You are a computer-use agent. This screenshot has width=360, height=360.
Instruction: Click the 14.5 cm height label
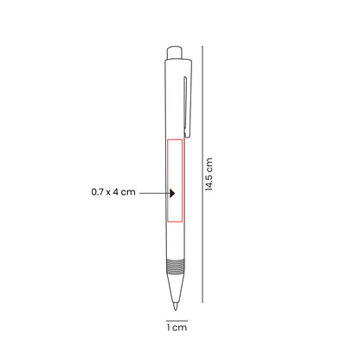(210, 175)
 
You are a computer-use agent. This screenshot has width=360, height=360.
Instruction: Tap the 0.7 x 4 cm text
(113, 192)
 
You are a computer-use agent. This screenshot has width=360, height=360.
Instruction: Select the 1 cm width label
(177, 326)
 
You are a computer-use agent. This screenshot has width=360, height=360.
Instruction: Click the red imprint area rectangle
(176, 185)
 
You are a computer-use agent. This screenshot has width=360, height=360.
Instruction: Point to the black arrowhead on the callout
(172, 192)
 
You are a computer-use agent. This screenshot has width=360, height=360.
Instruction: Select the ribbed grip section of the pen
(176, 265)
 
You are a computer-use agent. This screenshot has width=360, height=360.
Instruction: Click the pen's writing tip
(177, 305)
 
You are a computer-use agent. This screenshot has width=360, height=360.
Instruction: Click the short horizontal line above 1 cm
(177, 317)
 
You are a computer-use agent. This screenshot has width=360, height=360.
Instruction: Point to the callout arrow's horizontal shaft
(154, 192)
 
